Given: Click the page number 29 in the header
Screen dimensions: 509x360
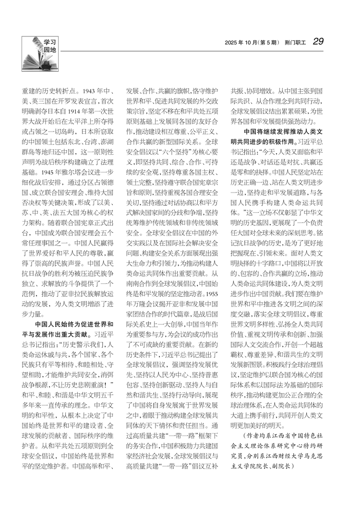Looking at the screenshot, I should coord(318,42).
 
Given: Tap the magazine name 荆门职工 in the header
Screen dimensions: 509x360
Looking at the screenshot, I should coord(294,42).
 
